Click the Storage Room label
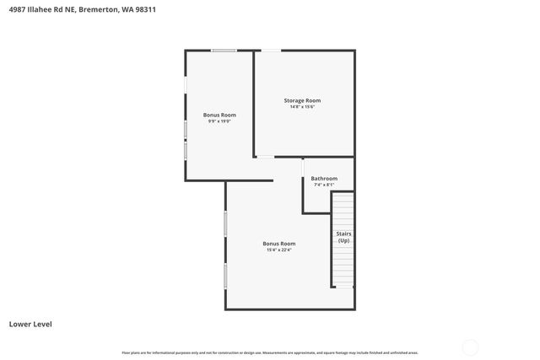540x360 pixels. [x=301, y=100]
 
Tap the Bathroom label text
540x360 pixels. [x=324, y=178]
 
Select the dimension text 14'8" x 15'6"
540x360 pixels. [x=301, y=107]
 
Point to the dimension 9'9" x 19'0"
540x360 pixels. [x=219, y=121]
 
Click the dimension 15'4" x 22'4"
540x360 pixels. [x=278, y=250]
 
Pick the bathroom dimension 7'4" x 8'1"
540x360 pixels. [x=324, y=185]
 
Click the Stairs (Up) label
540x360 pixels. [x=343, y=237]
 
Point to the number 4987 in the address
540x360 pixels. [x=17, y=10]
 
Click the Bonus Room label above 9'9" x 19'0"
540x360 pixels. [x=219, y=115]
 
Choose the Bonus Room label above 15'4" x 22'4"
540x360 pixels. [x=278, y=243]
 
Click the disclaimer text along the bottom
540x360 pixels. [x=270, y=352]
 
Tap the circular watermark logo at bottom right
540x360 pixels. [x=471, y=346]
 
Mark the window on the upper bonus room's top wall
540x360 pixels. [x=224, y=51]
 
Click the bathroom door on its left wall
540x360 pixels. [x=303, y=167]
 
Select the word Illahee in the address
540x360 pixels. [x=41, y=10]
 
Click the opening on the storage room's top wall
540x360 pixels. [x=270, y=51]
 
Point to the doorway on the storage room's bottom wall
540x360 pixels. [x=265, y=157]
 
